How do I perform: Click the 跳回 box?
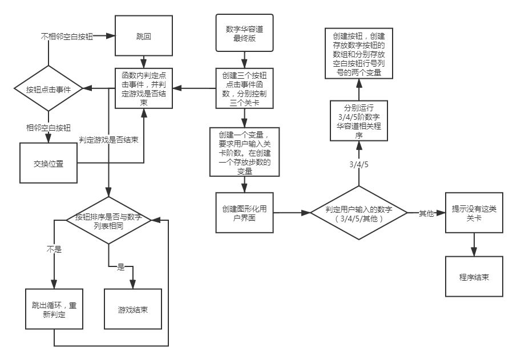[144, 36]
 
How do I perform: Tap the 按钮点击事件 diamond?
[49, 90]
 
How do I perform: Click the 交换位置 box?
[49, 163]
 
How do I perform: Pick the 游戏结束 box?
[133, 309]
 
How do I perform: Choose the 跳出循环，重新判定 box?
[54, 309]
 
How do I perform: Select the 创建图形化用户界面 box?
[245, 213]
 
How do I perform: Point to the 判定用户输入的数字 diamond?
[358, 213]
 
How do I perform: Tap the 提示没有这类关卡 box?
[474, 213]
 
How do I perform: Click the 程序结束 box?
[474, 277]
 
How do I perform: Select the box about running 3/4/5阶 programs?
[359, 120]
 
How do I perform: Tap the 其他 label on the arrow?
[426, 213]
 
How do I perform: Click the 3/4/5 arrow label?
[359, 164]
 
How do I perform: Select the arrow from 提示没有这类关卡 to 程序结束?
[474, 244]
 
